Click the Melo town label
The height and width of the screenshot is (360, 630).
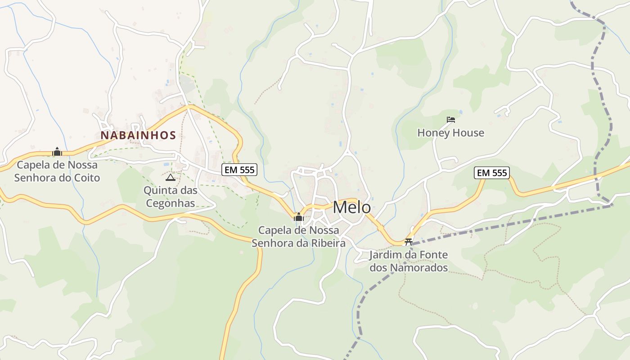(352, 207)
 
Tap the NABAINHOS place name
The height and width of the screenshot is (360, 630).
(138, 135)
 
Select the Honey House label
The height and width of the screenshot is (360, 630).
(450, 133)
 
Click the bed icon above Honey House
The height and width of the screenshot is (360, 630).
(451, 120)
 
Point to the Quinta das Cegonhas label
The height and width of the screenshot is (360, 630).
(170, 197)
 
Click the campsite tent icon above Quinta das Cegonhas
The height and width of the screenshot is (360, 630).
(170, 178)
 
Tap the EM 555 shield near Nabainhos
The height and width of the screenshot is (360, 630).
(239, 170)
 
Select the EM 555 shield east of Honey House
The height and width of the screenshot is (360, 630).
(492, 173)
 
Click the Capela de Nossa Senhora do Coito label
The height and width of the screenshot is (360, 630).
(57, 171)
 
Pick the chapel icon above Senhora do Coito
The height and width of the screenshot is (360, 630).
(57, 152)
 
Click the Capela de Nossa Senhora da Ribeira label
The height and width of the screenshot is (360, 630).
(298, 237)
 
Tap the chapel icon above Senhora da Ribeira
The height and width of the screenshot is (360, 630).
(298, 218)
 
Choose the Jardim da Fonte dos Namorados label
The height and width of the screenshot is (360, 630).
(408, 261)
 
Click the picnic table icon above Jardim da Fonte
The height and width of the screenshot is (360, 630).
(409, 242)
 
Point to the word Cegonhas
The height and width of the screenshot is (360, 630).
(170, 203)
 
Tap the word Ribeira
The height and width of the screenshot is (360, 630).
(329, 243)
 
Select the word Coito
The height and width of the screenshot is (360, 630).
(86, 178)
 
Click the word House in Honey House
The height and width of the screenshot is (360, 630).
(468, 133)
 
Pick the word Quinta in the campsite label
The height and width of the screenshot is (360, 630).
(158, 190)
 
